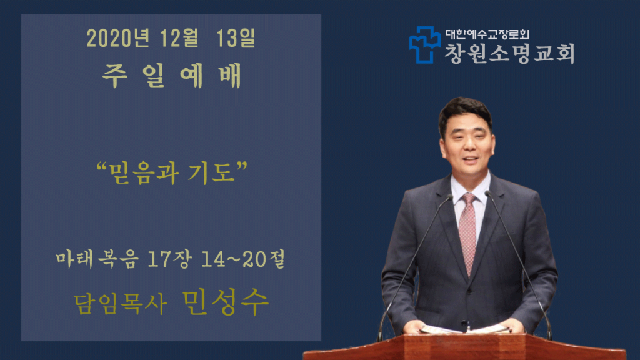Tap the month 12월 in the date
(x=179, y=38)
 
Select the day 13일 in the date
(x=236, y=38)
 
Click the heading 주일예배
(x=172, y=76)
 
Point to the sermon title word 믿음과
(x=143, y=173)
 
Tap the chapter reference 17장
(x=169, y=259)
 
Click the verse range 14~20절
(x=243, y=259)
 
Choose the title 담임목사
(x=121, y=304)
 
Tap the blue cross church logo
(x=425, y=45)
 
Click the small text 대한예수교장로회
(x=487, y=34)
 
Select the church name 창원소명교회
(x=509, y=54)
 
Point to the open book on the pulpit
(x=465, y=329)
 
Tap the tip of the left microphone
(x=450, y=197)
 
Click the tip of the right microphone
(x=487, y=194)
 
